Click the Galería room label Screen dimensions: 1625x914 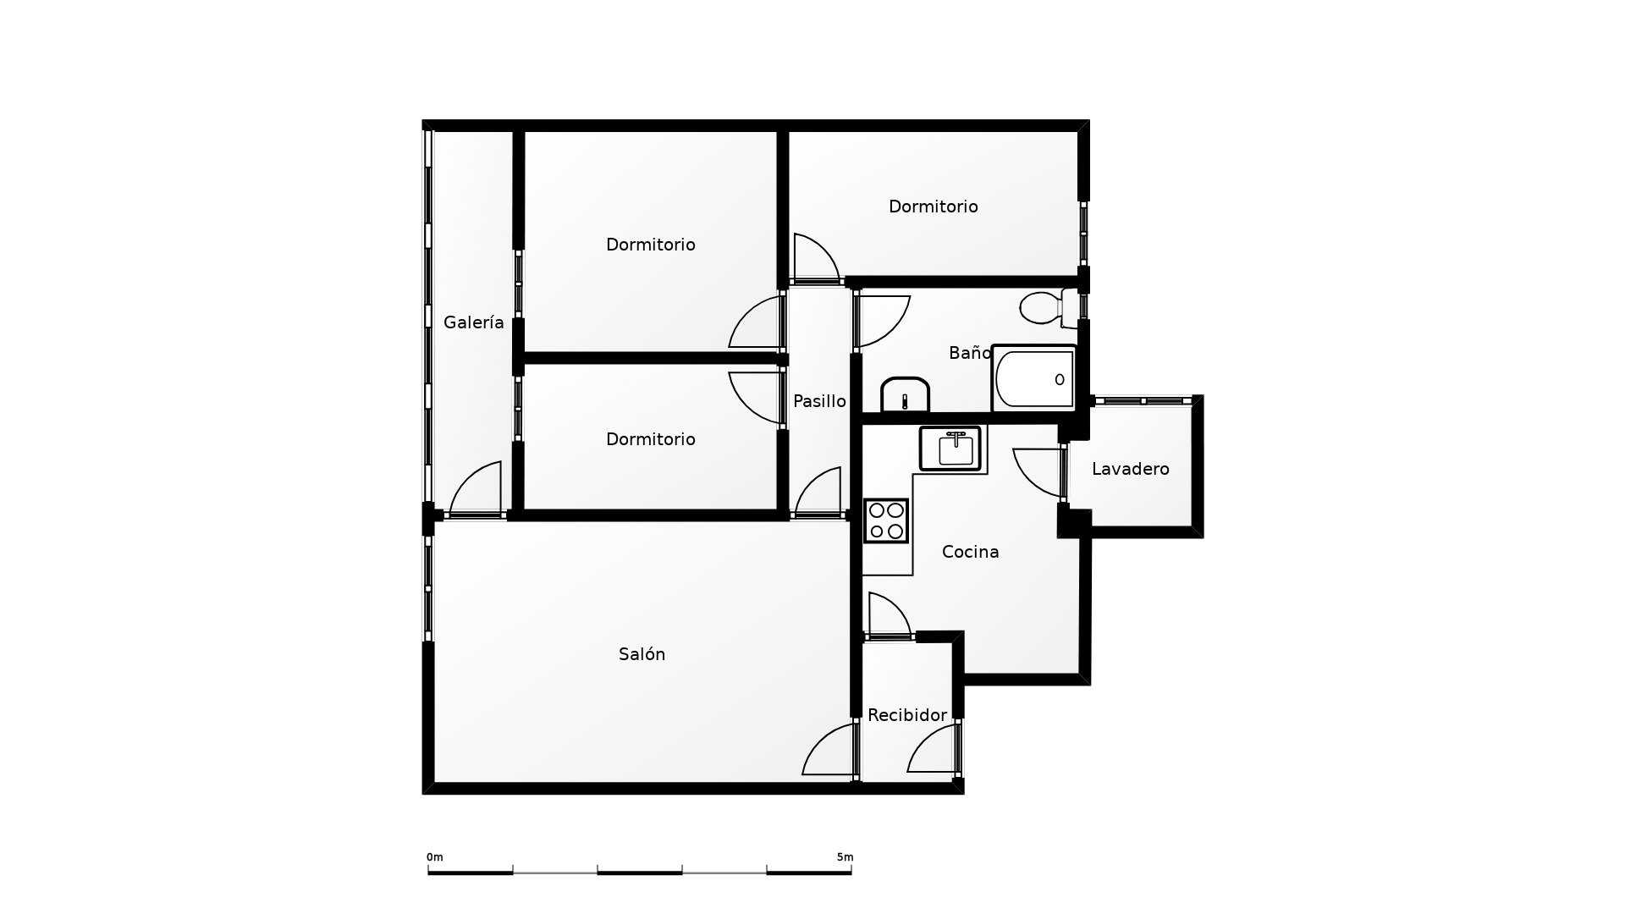(x=474, y=322)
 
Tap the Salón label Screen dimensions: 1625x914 (x=642, y=654)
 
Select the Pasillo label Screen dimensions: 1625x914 (x=819, y=401)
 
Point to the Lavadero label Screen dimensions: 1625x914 (x=1131, y=469)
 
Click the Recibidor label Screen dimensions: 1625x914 (x=907, y=715)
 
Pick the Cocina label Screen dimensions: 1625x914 (x=971, y=552)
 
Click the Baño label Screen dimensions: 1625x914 (x=970, y=353)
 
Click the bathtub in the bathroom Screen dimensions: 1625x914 (x=1034, y=378)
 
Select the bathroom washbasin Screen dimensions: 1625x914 (x=905, y=395)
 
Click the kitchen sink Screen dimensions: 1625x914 (x=950, y=449)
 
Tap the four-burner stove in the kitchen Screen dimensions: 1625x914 (x=886, y=520)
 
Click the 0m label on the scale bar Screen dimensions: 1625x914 (x=435, y=857)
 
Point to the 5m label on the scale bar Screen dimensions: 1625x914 (x=845, y=857)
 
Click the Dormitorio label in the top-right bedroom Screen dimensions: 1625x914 (x=934, y=206)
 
